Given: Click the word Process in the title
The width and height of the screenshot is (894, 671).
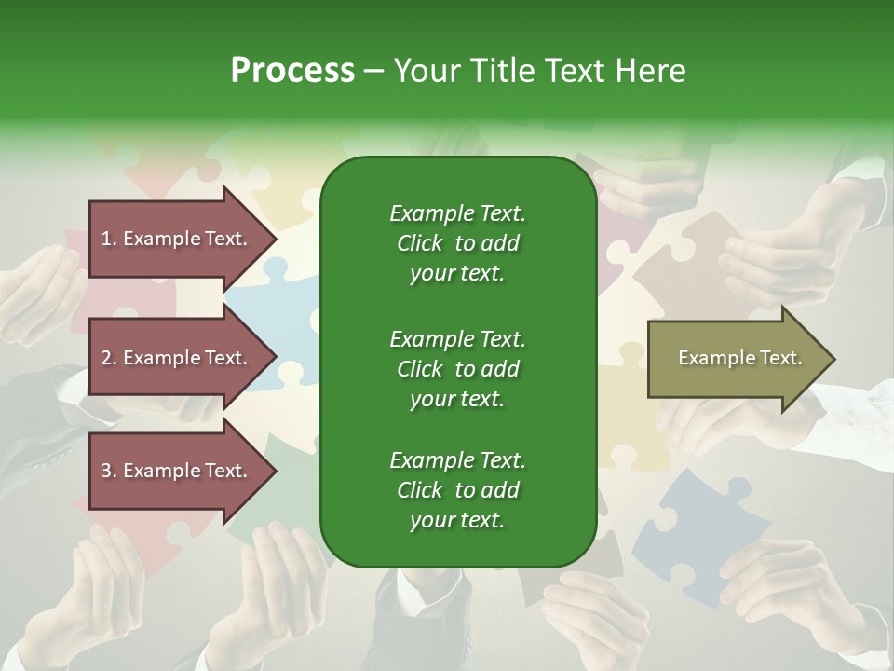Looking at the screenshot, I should point(292,71).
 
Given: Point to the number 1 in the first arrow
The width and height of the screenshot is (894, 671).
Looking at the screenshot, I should point(106,239).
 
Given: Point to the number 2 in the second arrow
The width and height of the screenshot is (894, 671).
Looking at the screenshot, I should point(106,358).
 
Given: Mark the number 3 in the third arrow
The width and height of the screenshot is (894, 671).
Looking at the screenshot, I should point(106,471).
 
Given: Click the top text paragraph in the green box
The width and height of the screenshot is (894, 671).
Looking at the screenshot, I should point(457,243).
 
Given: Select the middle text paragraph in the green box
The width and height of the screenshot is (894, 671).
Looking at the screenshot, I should point(457,368).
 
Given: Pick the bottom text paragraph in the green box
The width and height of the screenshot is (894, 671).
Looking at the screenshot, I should point(457,490).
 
